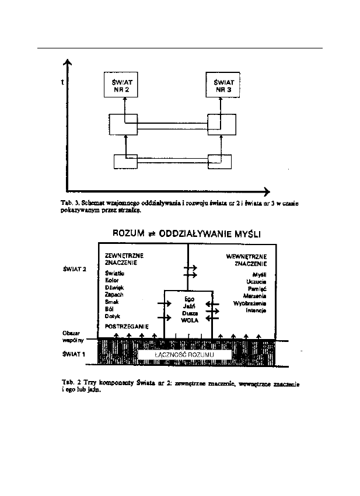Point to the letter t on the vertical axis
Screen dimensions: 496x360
coord(62,83)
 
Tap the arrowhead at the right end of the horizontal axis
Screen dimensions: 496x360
coord(267,191)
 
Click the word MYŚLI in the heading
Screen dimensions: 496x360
coord(245,234)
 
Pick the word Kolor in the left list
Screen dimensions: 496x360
coord(113,280)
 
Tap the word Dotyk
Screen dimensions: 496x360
coord(113,316)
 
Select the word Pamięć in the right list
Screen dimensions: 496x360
coord(256,289)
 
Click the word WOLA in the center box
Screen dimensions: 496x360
coord(188,320)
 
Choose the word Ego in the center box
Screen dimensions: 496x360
coord(188,299)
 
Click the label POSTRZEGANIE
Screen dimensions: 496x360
coord(125,326)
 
